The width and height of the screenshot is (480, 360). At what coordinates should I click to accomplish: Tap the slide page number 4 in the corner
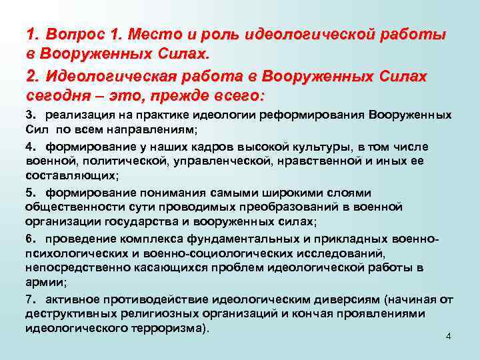click(448, 335)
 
